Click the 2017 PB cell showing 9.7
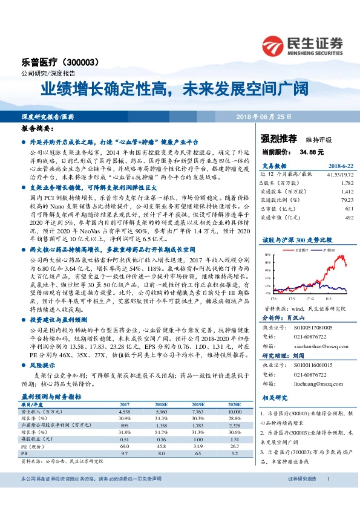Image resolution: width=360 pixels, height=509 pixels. pyautogui.click(x=126, y=453)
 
